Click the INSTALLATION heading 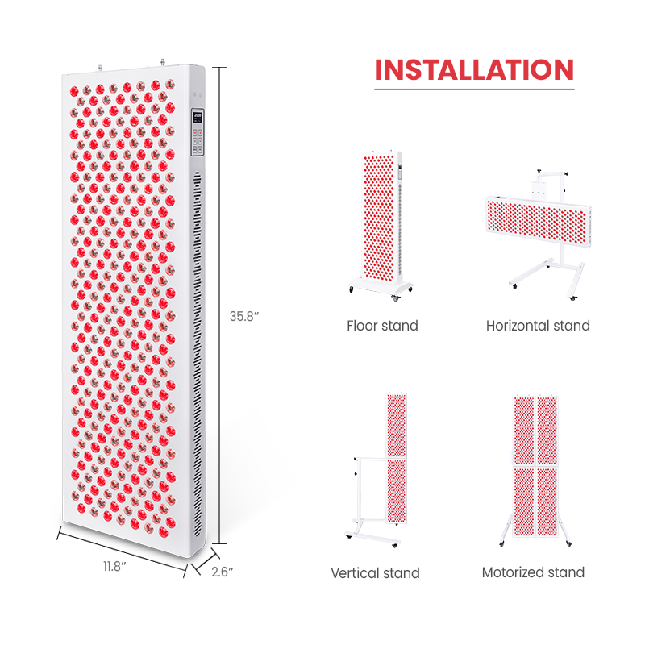[x=474, y=70]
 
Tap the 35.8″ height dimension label [x=244, y=316]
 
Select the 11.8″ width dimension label [x=114, y=567]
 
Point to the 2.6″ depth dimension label [x=223, y=572]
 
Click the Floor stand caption [x=382, y=326]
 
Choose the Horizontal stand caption [x=538, y=326]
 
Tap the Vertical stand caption [x=375, y=573]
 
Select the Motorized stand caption [x=533, y=572]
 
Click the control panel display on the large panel [x=198, y=116]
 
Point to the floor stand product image [x=381, y=227]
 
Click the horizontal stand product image [x=539, y=235]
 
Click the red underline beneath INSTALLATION [x=474, y=89]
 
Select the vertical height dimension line [x=219, y=306]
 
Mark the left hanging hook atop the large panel [x=99, y=68]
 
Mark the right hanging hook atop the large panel [x=163, y=63]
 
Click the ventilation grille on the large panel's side [x=198, y=355]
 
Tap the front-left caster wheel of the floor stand [x=352, y=289]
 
